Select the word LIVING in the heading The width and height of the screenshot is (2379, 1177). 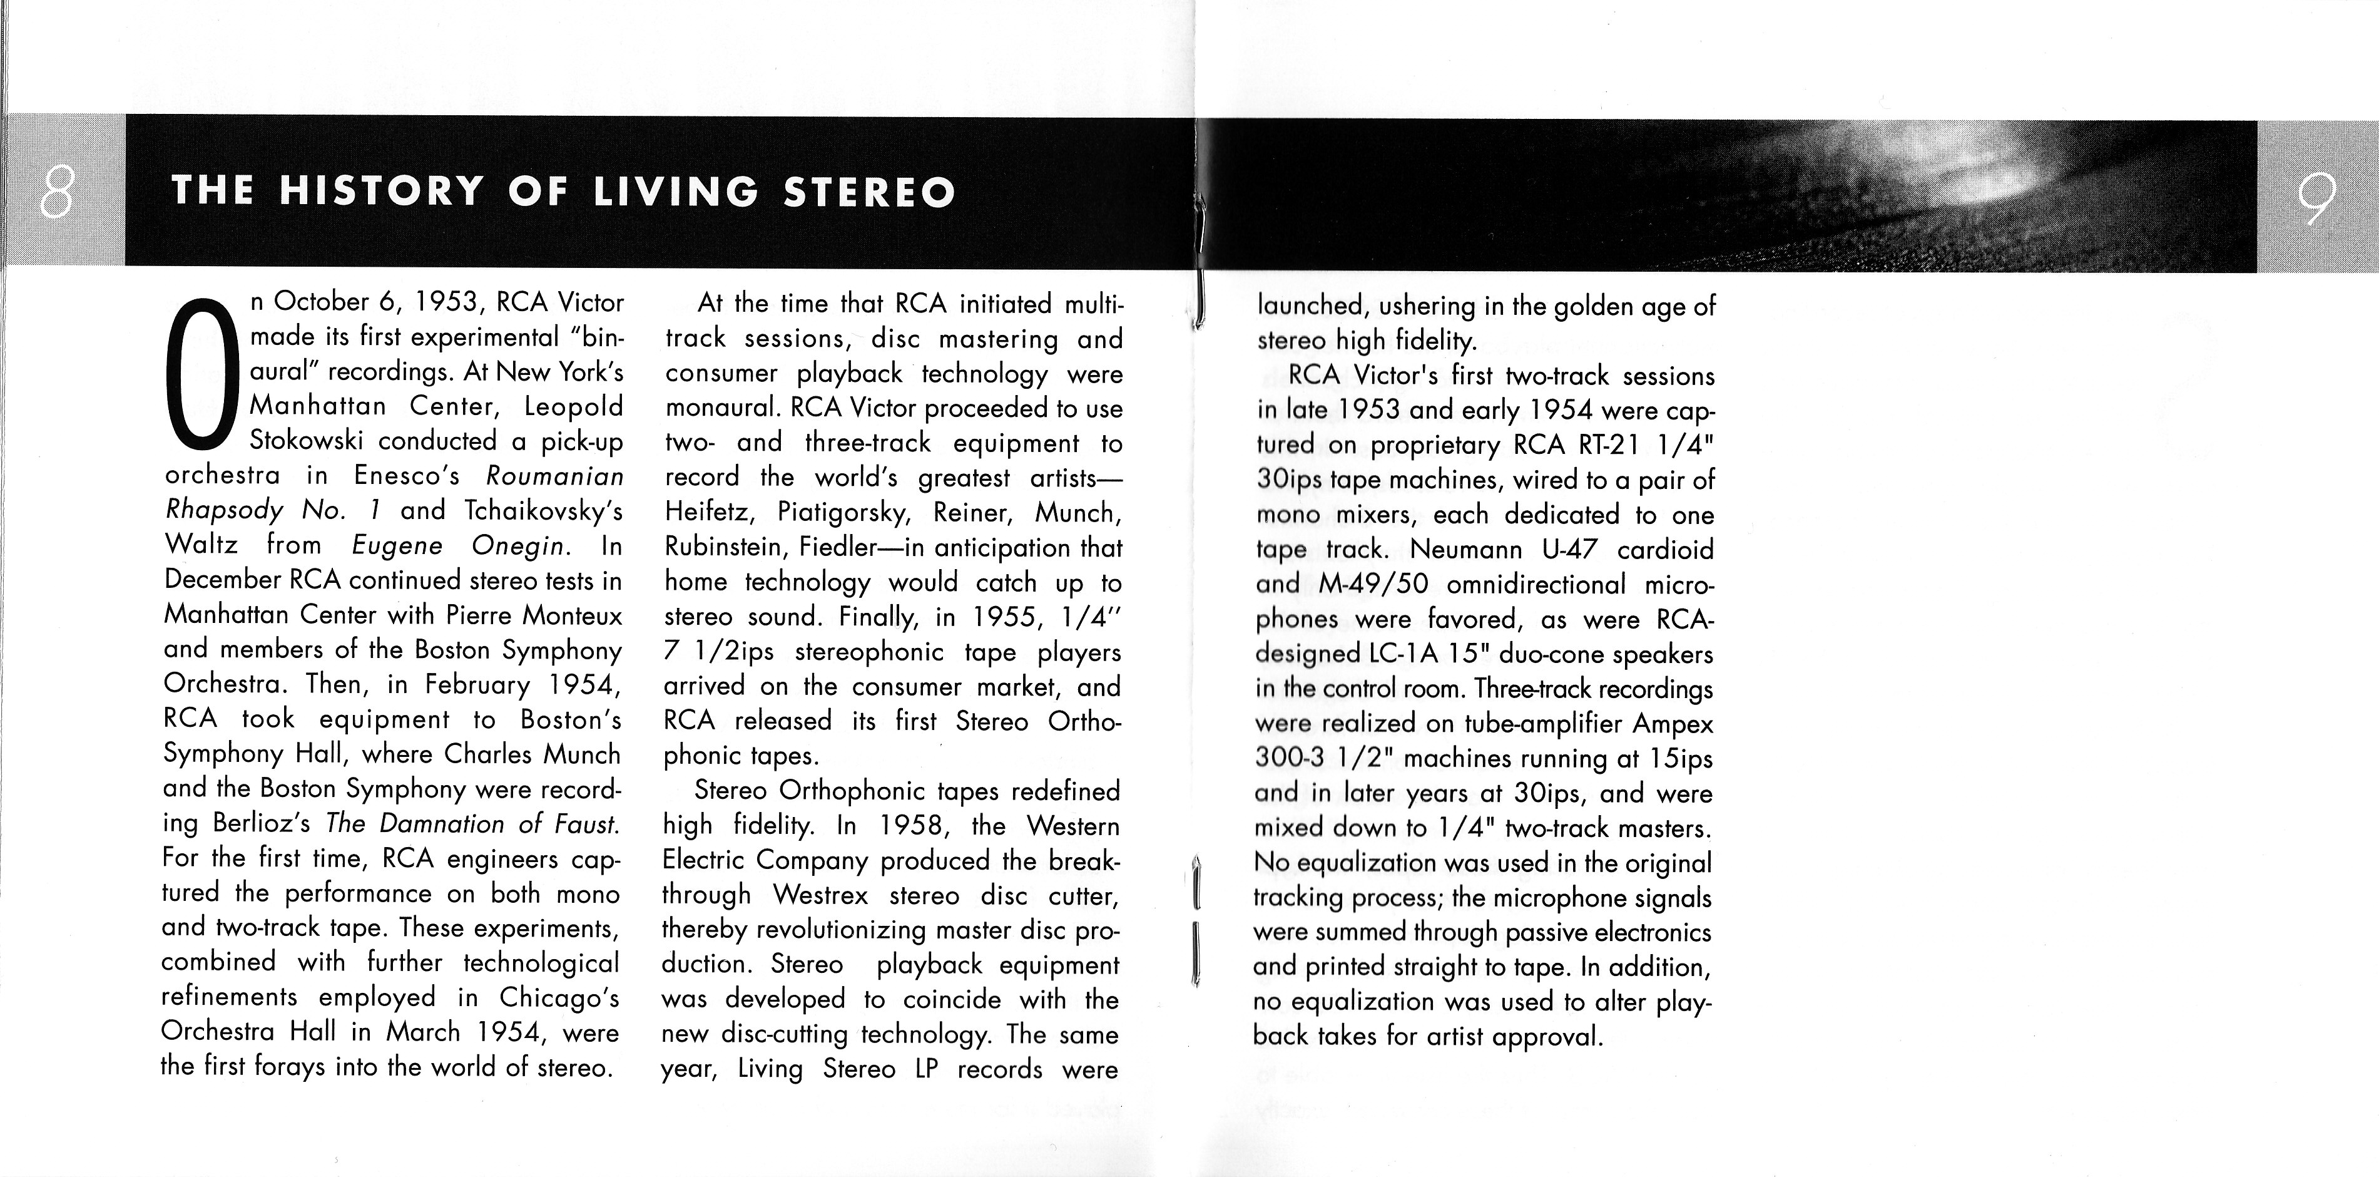675,191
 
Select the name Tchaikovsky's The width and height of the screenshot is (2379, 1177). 544,510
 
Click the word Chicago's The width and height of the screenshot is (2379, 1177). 559,997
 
